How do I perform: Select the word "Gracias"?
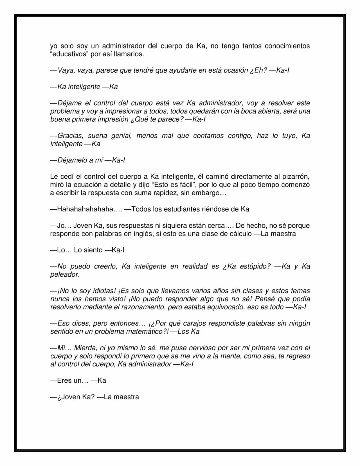[70, 136]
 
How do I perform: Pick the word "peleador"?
[65, 275]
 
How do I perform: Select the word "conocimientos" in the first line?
[287, 46]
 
